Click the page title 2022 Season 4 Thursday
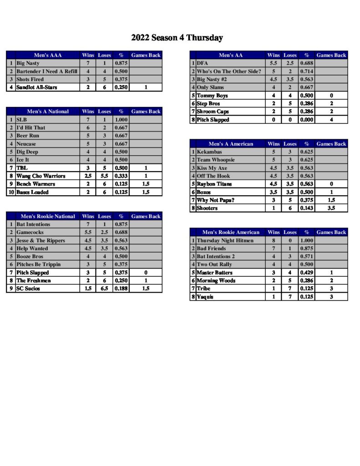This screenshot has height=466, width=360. (177, 38)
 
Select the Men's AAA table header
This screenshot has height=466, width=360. (47, 56)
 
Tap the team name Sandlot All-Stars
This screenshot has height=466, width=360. (37, 87)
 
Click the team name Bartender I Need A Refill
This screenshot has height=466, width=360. (47, 71)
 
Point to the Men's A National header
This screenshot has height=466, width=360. (48, 111)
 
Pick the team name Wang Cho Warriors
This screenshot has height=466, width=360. (41, 176)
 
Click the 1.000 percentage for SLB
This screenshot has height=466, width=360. (121, 120)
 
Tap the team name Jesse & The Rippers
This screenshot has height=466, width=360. (41, 241)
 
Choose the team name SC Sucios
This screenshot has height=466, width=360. (28, 289)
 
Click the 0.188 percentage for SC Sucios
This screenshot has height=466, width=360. (121, 289)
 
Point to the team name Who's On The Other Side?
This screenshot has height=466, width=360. (229, 71)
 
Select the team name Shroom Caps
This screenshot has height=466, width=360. (213, 111)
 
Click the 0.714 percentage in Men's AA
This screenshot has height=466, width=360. (306, 71)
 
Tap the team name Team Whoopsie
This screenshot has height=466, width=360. (216, 160)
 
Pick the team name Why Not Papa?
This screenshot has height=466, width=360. (216, 200)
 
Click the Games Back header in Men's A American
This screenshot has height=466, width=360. (331, 144)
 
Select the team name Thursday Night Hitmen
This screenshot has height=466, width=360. (225, 240)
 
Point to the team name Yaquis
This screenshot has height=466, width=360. (205, 297)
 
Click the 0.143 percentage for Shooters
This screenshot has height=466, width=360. (306, 208)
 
